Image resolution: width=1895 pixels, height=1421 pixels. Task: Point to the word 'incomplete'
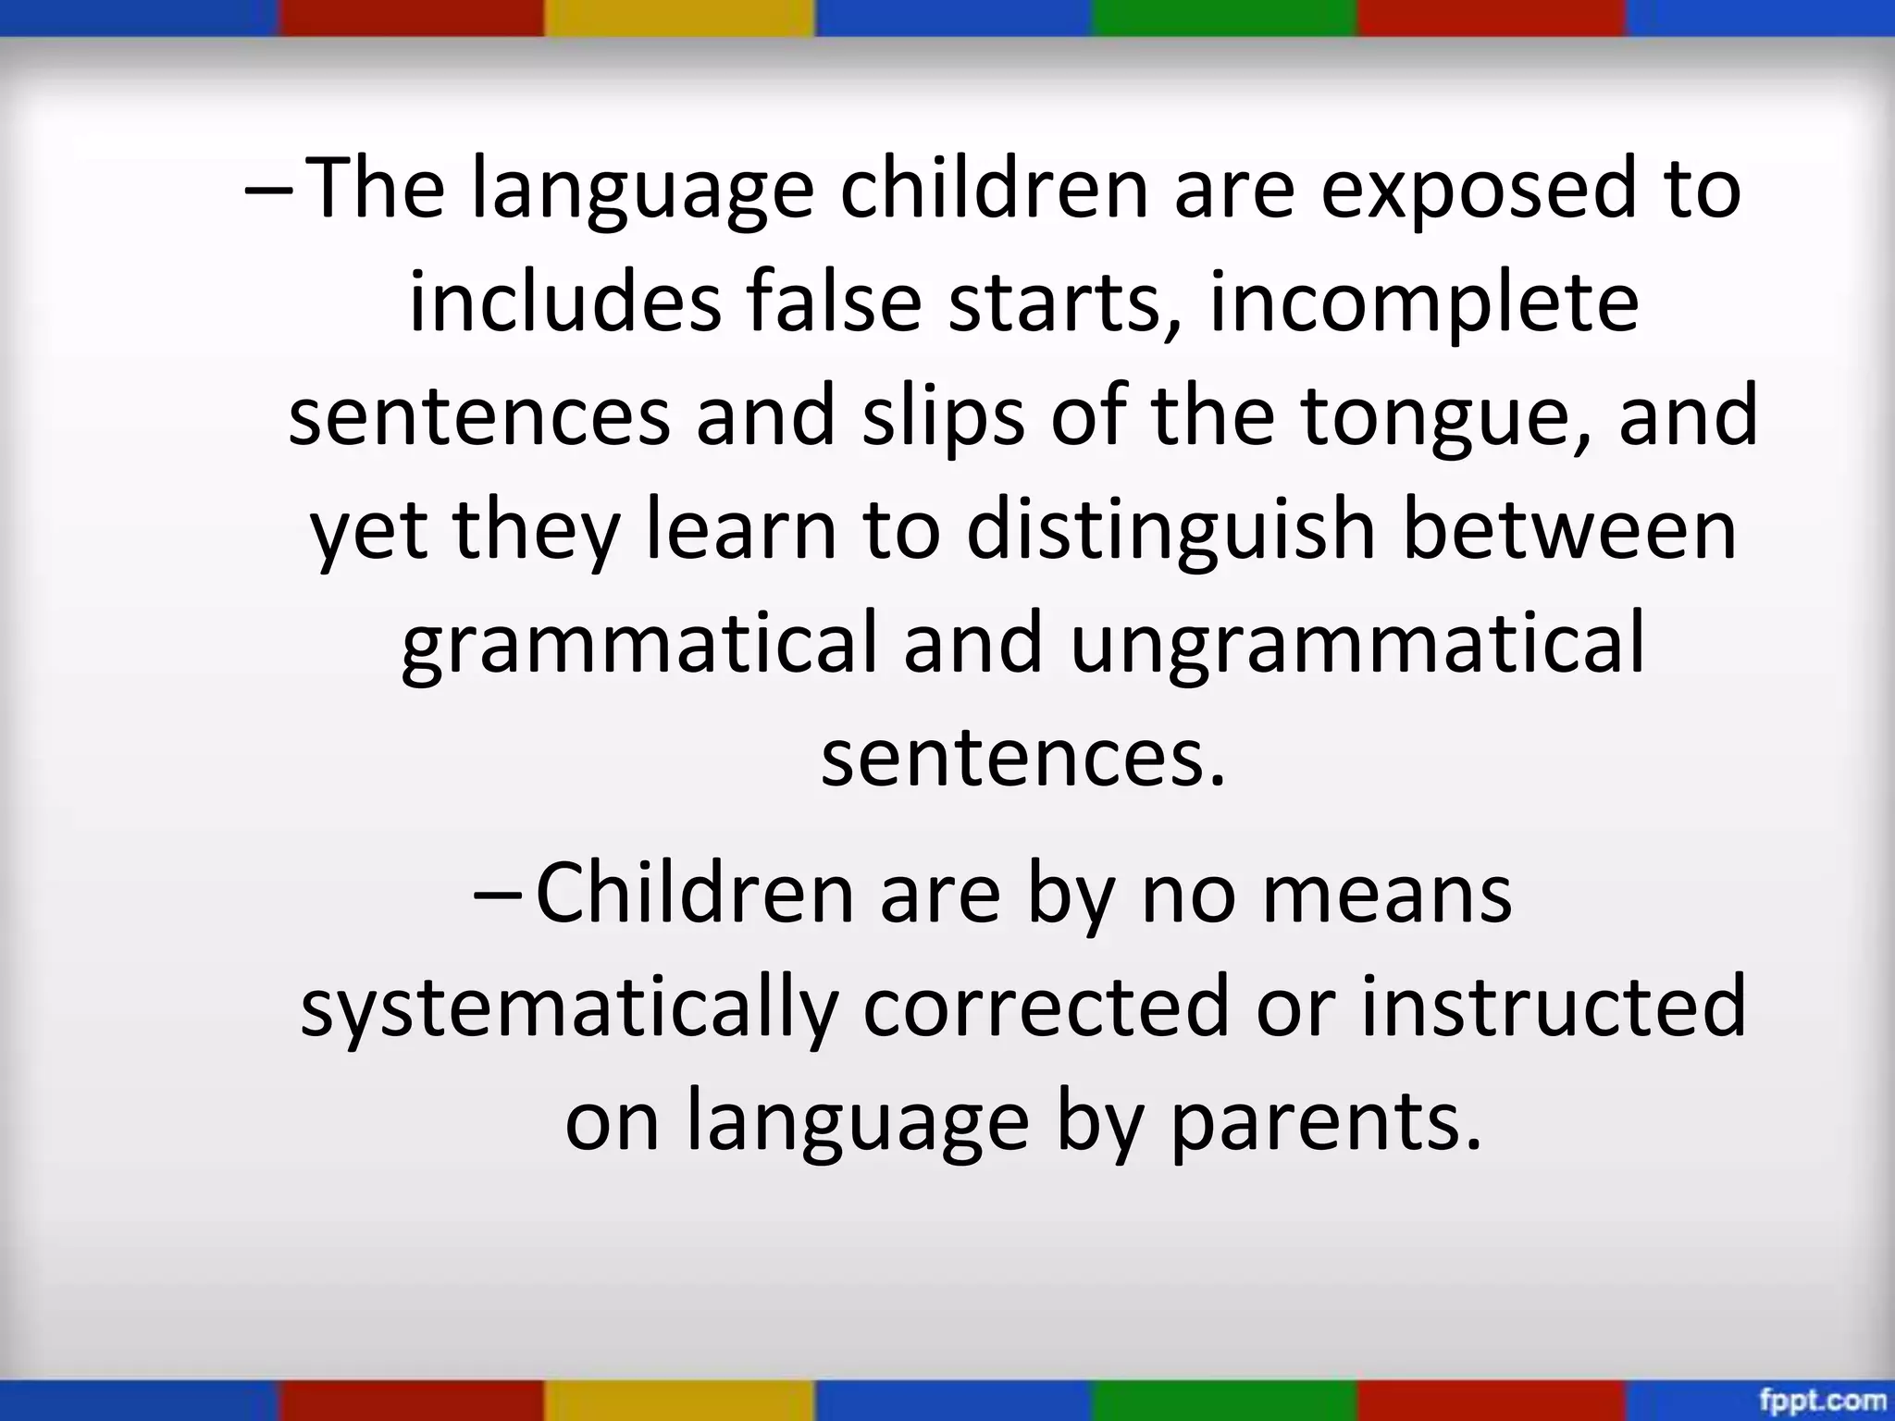click(x=1424, y=305)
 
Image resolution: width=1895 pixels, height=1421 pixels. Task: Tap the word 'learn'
click(x=740, y=531)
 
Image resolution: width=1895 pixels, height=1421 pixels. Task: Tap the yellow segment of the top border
click(x=680, y=18)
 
